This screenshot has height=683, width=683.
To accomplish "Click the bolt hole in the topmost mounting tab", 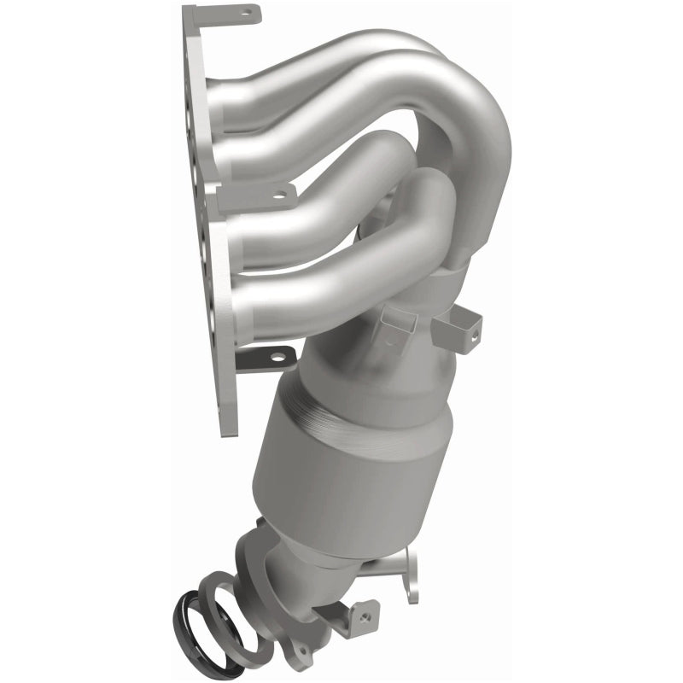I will [x=248, y=13].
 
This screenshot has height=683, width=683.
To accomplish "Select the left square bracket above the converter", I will [x=398, y=324].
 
